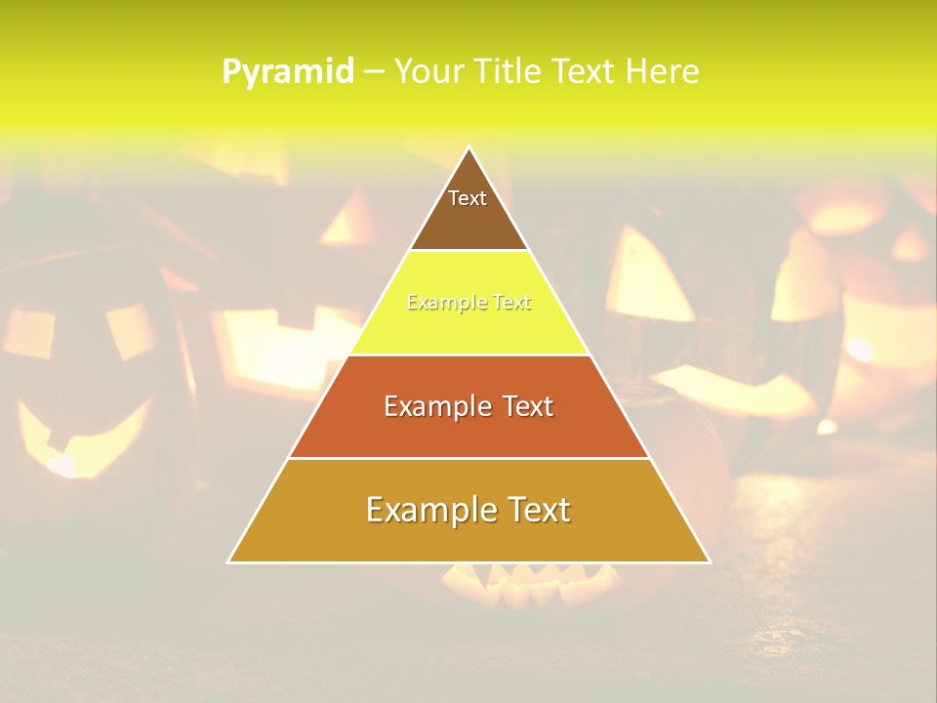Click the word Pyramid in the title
(288, 72)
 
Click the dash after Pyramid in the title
(373, 72)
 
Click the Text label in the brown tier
(468, 198)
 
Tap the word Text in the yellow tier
(512, 303)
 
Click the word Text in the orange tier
(526, 406)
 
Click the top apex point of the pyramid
(469, 147)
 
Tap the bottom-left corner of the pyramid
(228, 562)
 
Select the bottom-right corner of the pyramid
(710, 562)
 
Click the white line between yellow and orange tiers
(469, 354)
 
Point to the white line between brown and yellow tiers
(469, 251)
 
